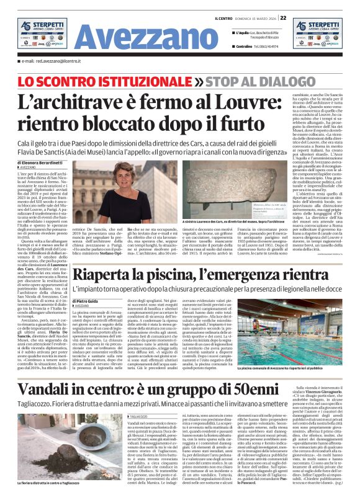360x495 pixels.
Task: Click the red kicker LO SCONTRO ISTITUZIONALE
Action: pyautogui.click(x=84, y=81)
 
